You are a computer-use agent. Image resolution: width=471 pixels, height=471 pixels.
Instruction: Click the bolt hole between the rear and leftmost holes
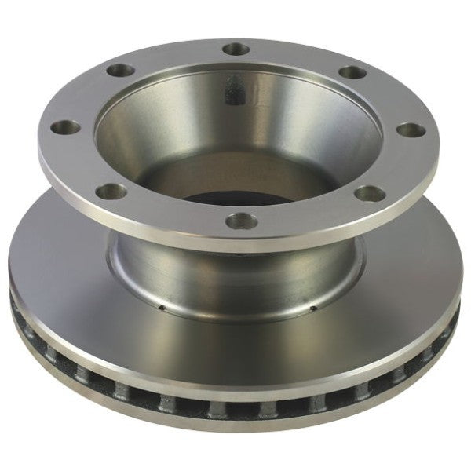pyautogui.click(x=119, y=71)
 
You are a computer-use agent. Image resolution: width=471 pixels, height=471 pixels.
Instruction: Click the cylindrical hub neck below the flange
pyautogui.click(x=235, y=271)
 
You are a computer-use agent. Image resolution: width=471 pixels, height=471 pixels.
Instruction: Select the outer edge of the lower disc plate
pyautogui.click(x=235, y=425)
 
